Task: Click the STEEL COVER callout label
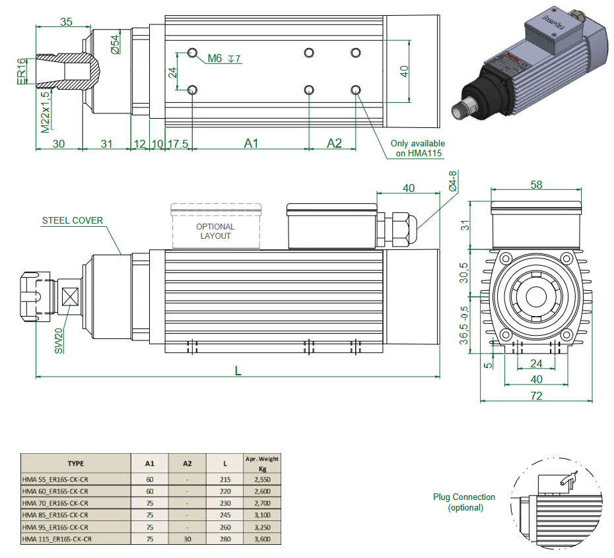click(73, 220)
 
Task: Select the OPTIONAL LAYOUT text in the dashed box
click(215, 232)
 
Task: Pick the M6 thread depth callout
click(224, 59)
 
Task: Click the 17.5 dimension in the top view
click(178, 143)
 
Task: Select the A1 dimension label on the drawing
click(251, 143)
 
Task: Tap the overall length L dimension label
click(238, 371)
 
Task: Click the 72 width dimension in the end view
click(536, 396)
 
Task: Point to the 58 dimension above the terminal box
click(536, 185)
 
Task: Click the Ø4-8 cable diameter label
click(452, 181)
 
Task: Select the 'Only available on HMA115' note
click(417, 148)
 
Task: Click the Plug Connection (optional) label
click(464, 502)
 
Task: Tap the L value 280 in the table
click(224, 539)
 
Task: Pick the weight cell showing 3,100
click(261, 515)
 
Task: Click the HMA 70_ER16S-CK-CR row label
click(55, 503)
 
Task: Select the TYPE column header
click(76, 463)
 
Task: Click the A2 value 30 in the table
click(188, 539)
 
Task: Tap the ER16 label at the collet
click(21, 70)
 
